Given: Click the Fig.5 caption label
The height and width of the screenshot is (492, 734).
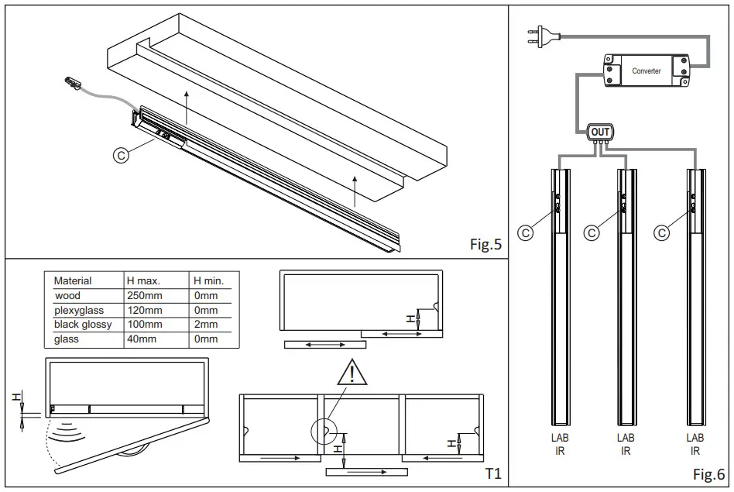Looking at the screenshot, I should click(485, 244).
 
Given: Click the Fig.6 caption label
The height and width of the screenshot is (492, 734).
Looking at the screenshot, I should click(708, 474).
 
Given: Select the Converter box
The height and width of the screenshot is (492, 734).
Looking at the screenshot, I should click(647, 71).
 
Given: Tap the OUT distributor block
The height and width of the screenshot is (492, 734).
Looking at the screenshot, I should click(600, 132).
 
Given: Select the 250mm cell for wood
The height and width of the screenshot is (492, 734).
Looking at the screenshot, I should click(144, 296).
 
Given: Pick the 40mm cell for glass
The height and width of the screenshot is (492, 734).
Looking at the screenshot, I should click(141, 339).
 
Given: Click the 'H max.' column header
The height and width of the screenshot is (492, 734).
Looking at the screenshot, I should click(142, 280).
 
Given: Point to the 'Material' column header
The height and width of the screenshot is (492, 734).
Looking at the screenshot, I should click(73, 280).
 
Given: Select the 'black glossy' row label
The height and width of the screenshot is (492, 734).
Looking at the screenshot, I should click(83, 325).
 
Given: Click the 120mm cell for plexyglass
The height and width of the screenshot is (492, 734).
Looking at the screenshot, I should click(144, 311).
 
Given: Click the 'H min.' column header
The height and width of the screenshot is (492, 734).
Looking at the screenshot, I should click(208, 280).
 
